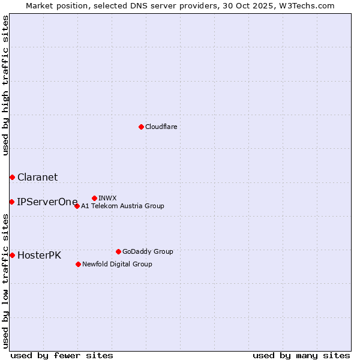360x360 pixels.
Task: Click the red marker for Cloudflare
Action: pyautogui.click(x=141, y=127)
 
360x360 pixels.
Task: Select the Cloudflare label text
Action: pyautogui.click(x=161, y=127)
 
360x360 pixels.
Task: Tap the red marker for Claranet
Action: pyautogui.click(x=12, y=177)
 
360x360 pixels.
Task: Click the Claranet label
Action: pyautogui.click(x=37, y=177)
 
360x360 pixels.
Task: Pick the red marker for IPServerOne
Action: pyautogui.click(x=12, y=202)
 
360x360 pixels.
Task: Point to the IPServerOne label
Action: pyautogui.click(x=47, y=202)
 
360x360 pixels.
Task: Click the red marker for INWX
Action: pyautogui.click(x=94, y=198)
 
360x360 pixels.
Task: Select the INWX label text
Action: pyautogui.click(x=107, y=198)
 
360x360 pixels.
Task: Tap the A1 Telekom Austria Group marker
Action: pyautogui.click(x=77, y=206)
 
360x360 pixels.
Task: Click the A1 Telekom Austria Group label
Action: pyautogui.click(x=122, y=206)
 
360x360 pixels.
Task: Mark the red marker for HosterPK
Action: pyautogui.click(x=12, y=255)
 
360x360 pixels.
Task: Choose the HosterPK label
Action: pyautogui.click(x=39, y=255)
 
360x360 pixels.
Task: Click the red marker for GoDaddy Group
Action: pyautogui.click(x=118, y=251)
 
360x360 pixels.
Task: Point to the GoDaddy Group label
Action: pyautogui.click(x=148, y=251)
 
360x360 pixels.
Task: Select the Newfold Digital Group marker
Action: pyautogui.click(x=78, y=264)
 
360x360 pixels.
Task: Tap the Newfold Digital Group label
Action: pyautogui.click(x=117, y=264)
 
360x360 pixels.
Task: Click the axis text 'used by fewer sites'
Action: pyautogui.click(x=62, y=355)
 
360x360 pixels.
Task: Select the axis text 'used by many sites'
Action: pyautogui.click(x=301, y=355)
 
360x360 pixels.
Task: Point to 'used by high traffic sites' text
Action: pyautogui.click(x=5, y=85)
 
